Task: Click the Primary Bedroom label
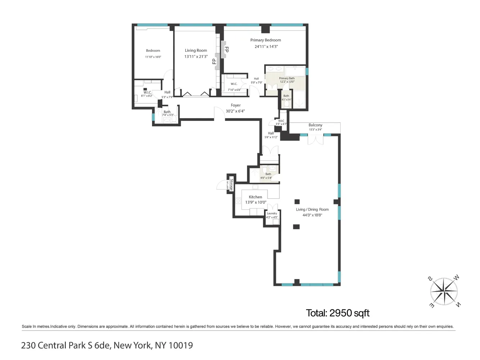click(x=265, y=40)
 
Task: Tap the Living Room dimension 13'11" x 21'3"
click(x=196, y=57)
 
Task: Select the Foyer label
click(x=235, y=105)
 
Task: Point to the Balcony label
click(x=315, y=125)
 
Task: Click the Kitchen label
click(x=255, y=197)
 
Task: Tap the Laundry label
click(x=272, y=213)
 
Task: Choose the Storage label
click(x=232, y=184)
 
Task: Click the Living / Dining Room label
click(x=312, y=209)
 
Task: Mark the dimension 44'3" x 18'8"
click(x=312, y=215)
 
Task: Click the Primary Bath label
click(x=287, y=78)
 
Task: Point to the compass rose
click(x=444, y=292)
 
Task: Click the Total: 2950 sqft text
click(x=338, y=313)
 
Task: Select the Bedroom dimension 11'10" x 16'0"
click(x=153, y=57)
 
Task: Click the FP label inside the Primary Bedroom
click(x=226, y=49)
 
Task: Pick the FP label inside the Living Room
click(x=214, y=61)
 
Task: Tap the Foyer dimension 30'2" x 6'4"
click(x=235, y=111)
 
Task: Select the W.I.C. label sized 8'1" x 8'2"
click(x=147, y=93)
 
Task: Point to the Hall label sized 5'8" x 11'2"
click(x=271, y=133)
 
